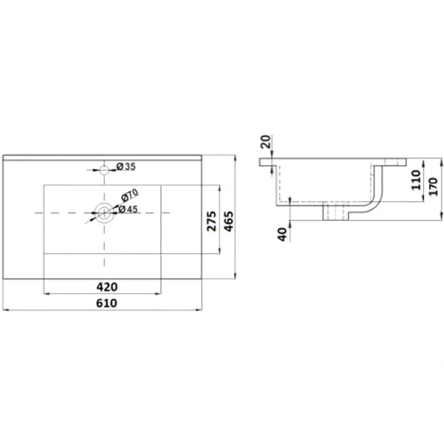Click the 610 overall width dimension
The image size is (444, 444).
[x=107, y=303]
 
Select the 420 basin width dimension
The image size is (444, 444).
[x=107, y=287]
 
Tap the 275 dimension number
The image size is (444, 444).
[x=212, y=221]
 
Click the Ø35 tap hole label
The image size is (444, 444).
[x=127, y=166]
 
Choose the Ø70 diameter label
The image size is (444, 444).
[x=129, y=195]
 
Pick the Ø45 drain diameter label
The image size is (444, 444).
[x=128, y=209]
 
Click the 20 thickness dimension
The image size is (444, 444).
[x=266, y=142]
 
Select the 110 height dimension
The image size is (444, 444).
[x=416, y=180]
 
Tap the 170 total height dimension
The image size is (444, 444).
[x=433, y=186]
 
